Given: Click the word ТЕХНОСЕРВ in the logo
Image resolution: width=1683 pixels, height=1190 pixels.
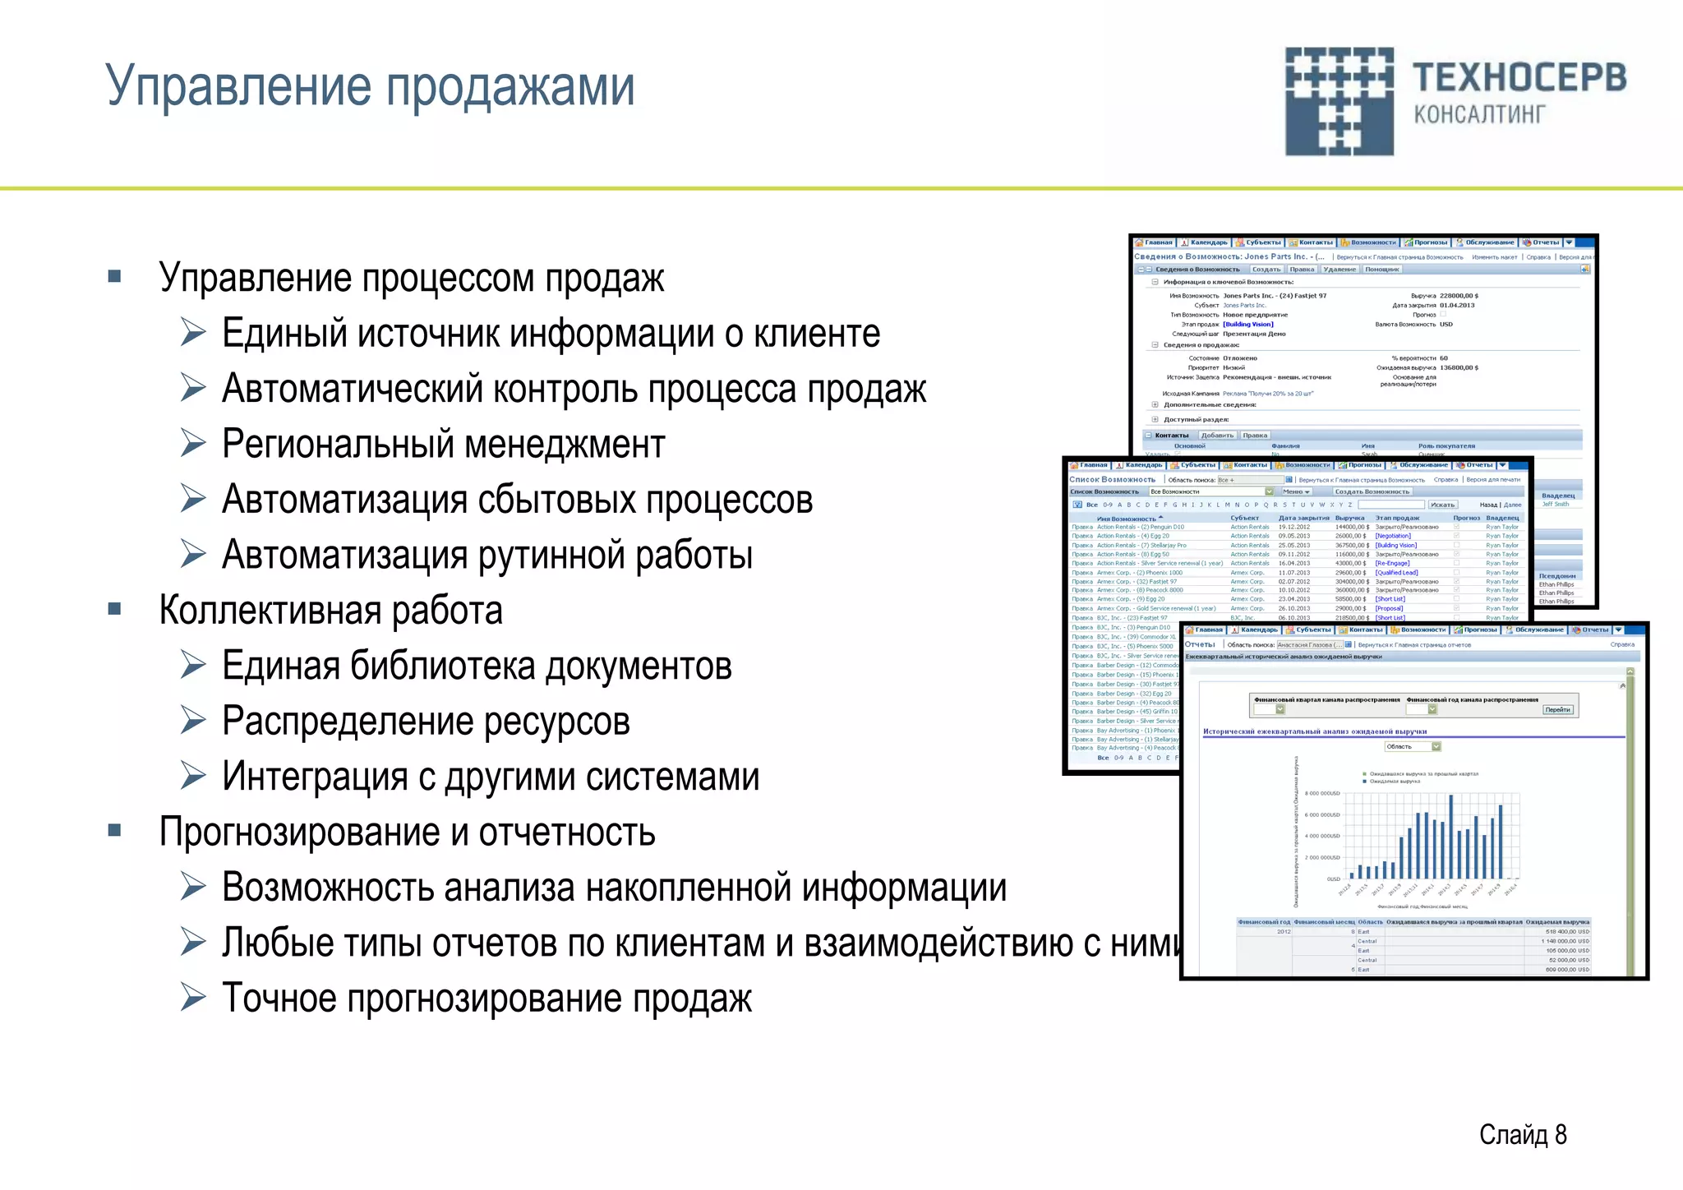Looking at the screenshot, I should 1519,78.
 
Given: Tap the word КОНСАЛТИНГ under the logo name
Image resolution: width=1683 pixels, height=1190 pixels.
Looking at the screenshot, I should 1479,114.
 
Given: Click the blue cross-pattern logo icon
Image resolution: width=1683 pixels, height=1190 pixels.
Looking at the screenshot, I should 1339,101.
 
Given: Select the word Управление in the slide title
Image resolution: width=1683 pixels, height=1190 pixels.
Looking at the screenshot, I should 238,85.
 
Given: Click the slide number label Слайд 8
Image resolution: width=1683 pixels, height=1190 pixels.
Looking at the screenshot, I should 1522,1135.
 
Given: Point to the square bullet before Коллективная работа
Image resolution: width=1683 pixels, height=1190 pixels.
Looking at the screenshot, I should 115,609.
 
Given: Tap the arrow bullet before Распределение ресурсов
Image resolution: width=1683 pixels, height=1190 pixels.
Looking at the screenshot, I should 194,721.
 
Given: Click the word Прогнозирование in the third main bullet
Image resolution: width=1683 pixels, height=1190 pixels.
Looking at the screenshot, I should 298,832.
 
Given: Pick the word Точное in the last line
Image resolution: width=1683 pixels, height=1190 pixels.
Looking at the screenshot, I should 279,999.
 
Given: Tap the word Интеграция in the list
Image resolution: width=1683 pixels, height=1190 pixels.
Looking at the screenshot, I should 316,777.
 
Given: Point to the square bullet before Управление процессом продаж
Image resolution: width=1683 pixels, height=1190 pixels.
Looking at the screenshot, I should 115,277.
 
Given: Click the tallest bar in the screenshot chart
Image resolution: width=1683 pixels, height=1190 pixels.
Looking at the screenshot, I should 1451,837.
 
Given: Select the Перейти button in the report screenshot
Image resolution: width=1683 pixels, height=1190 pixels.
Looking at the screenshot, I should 1557,709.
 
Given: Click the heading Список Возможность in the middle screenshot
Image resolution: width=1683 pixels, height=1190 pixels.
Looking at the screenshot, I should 1112,479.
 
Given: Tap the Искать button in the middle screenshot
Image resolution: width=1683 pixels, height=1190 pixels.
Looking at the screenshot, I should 1442,505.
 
